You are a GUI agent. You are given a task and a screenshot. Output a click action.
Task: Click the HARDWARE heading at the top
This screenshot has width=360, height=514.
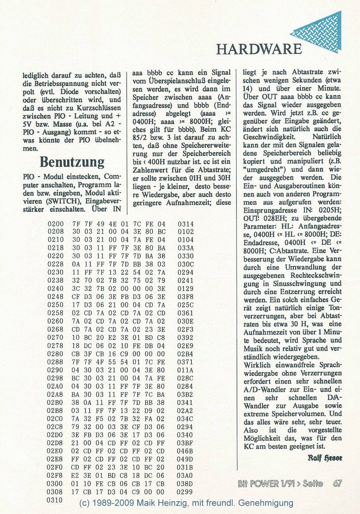click(x=259, y=49)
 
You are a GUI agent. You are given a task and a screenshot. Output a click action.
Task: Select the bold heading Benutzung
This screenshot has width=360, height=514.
click(x=72, y=162)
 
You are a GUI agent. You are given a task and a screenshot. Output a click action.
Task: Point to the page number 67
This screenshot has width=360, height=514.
click(x=338, y=484)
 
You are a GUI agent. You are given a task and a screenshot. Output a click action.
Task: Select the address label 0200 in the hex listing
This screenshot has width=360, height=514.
click(x=56, y=224)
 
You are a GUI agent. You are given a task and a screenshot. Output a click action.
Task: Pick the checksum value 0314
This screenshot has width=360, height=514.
click(x=186, y=224)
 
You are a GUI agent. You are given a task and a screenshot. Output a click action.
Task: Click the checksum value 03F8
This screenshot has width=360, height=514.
click(x=186, y=299)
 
